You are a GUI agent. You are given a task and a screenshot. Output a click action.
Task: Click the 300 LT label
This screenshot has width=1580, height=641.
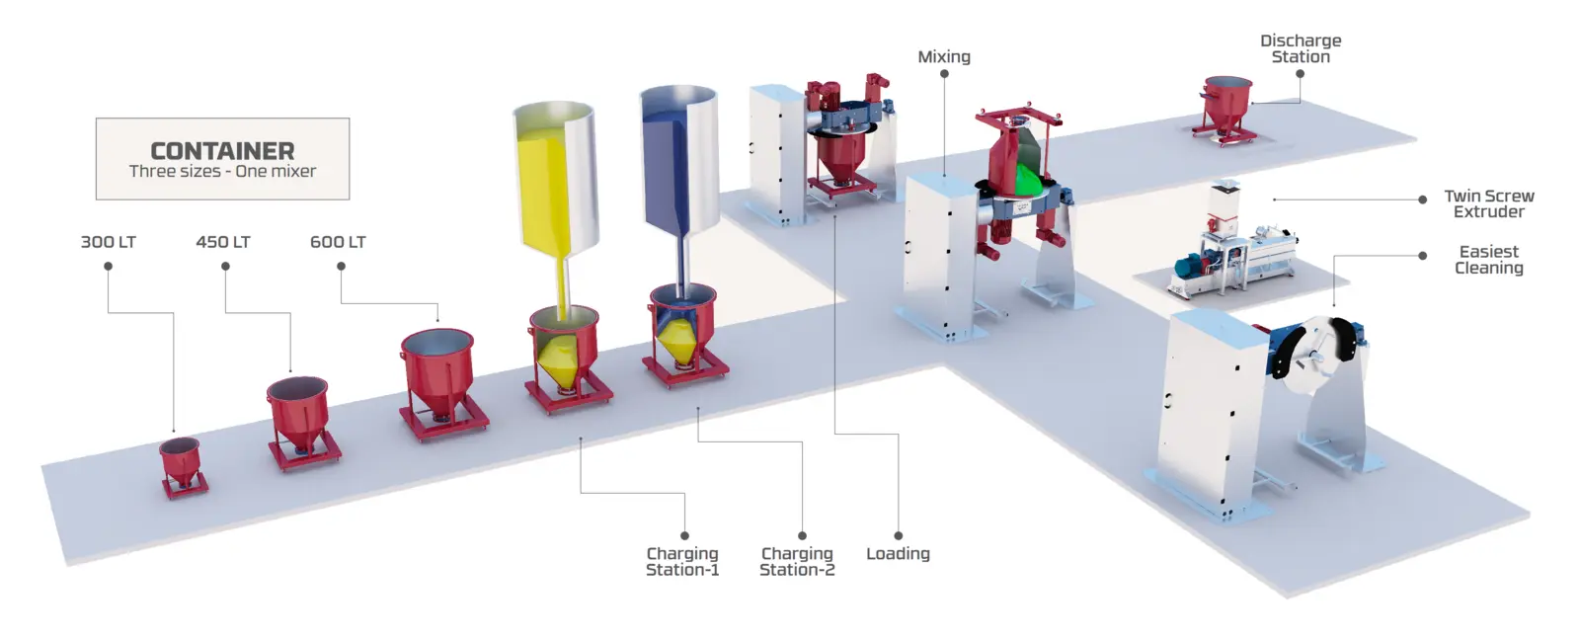108,242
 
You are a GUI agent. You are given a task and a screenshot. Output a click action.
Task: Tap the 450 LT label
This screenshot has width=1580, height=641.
223,242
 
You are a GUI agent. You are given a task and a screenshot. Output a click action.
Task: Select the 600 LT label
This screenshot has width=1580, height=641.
338,242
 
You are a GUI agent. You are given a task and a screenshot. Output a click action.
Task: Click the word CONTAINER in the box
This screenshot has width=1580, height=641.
222,150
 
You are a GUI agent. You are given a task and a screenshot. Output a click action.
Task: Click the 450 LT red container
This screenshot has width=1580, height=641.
302,422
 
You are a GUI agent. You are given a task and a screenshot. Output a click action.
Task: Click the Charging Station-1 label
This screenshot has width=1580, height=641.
682,561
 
